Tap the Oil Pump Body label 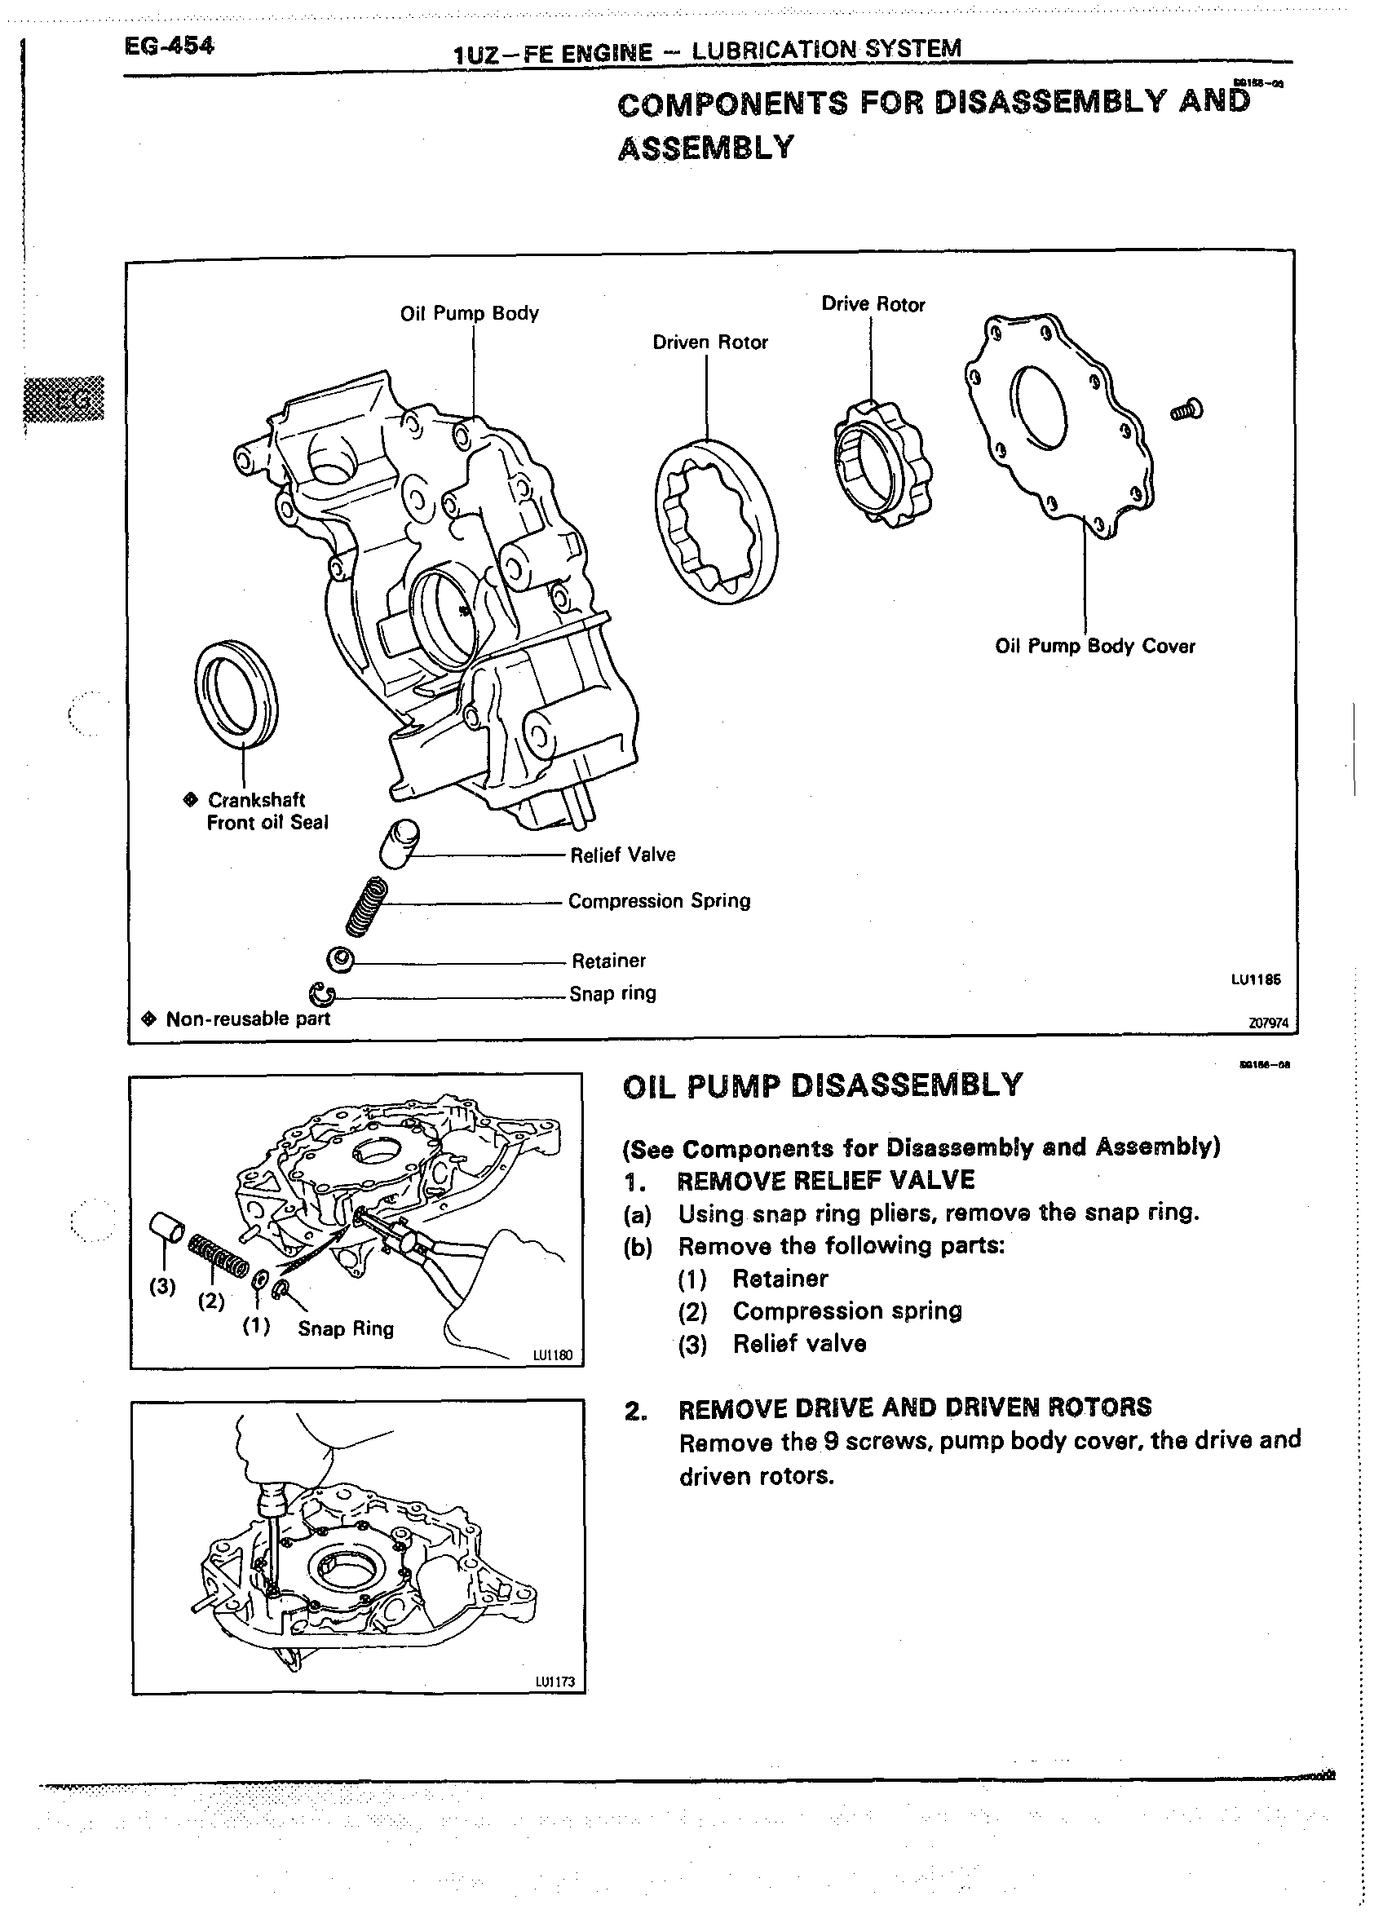469,313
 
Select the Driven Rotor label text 709,342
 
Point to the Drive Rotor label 873,304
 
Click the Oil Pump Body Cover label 1094,646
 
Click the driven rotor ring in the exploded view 717,521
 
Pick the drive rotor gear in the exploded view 881,463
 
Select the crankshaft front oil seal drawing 235,694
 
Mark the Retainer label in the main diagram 608,961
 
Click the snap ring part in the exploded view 322,995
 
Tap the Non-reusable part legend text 247,1019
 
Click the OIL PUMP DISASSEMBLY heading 822,1085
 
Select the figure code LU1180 552,1355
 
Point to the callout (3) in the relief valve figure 161,1286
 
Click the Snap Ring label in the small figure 345,1328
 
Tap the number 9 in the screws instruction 831,1440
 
